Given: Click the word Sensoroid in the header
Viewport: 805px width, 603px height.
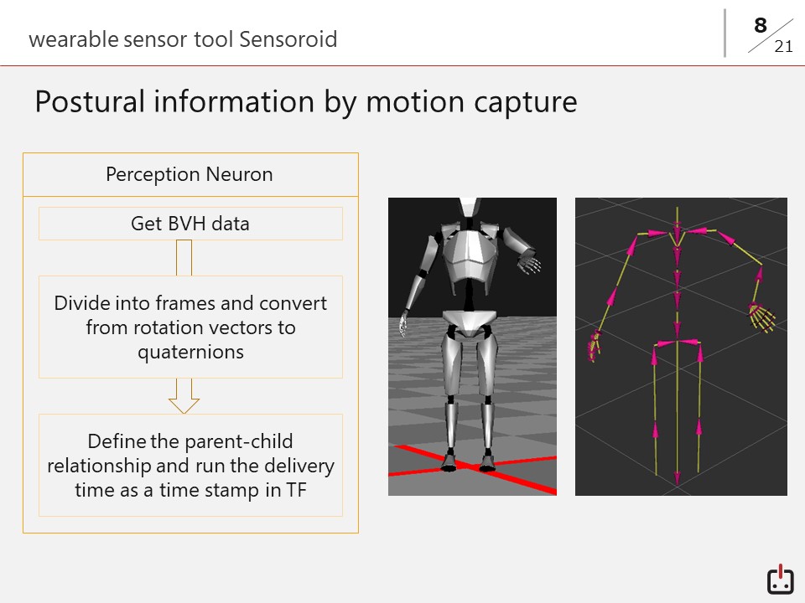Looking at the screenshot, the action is [288, 39].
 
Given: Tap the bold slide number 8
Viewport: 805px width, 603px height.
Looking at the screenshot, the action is [761, 25].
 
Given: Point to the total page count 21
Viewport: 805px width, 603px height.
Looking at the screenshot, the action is [783, 47].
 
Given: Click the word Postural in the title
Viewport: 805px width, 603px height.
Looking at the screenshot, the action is [90, 101].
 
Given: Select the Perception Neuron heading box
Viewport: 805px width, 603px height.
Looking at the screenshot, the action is [190, 174].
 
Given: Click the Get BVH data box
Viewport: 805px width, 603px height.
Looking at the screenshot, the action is [190, 224].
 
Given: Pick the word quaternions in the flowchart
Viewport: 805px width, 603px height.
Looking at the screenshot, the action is [190, 353].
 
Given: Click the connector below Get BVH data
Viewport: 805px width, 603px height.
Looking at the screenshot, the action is [184, 258].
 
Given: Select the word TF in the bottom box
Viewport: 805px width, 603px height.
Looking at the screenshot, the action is [296, 490].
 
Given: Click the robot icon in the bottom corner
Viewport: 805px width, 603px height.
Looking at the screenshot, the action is [781, 580].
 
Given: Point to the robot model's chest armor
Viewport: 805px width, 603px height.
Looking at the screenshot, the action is [469, 256].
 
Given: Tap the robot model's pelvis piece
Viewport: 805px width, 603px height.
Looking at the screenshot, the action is [470, 323].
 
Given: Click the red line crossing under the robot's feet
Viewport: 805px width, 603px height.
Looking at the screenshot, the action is [472, 467].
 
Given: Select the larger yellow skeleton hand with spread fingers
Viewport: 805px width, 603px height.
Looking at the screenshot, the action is [762, 318].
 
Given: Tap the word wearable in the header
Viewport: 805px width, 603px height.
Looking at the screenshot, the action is [74, 39].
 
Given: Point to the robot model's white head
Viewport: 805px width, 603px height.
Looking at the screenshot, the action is [470, 207].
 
